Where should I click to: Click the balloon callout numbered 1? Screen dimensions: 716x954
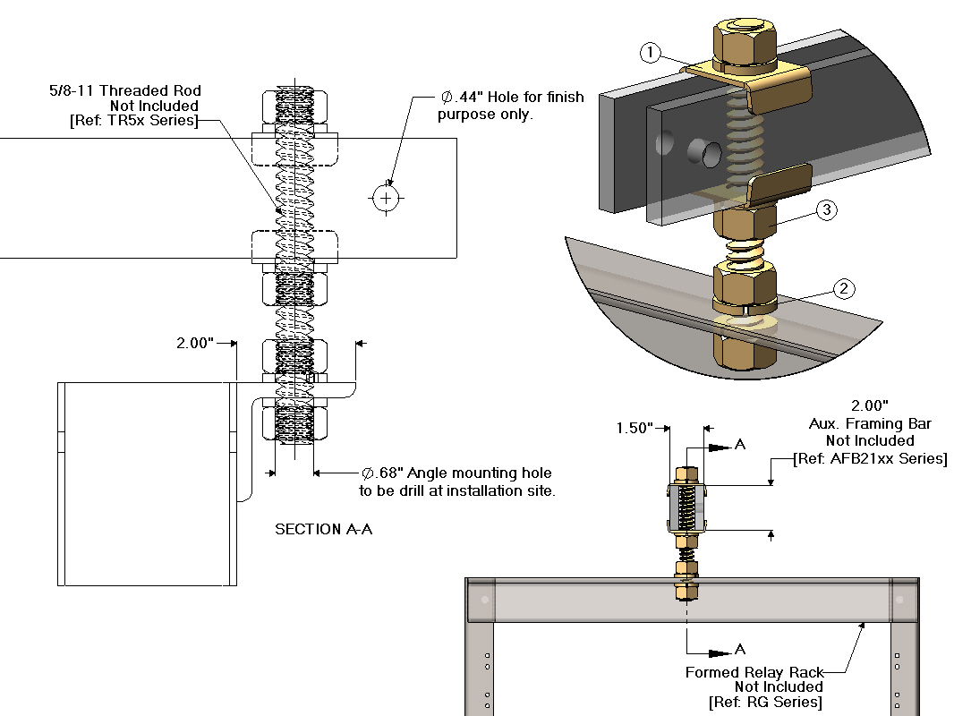(651, 54)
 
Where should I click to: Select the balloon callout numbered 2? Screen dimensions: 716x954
(844, 288)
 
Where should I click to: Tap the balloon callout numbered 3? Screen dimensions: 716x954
(826, 210)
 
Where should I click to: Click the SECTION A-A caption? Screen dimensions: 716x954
(323, 529)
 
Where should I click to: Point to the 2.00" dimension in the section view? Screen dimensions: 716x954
(195, 343)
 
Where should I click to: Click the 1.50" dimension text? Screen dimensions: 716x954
(635, 428)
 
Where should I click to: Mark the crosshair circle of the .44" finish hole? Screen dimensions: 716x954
(386, 197)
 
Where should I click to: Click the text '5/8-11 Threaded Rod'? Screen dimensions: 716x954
(125, 90)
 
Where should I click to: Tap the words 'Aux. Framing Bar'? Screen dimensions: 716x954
(870, 423)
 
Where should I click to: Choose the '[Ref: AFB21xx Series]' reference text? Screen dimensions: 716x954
(870, 458)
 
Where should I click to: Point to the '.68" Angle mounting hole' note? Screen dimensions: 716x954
(456, 473)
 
